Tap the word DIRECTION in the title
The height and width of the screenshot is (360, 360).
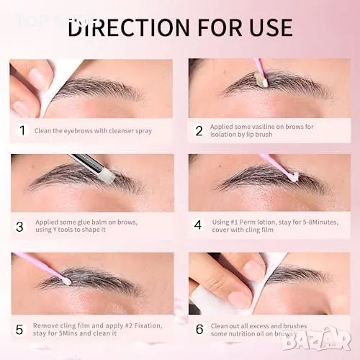point(129,27)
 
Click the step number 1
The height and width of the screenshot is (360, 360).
point(22,130)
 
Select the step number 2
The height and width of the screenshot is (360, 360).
point(199,131)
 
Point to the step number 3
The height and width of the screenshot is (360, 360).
point(19,227)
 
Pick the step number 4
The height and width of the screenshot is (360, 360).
point(198,225)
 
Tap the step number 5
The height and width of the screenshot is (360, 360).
point(19,330)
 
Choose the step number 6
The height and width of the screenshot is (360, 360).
point(199,329)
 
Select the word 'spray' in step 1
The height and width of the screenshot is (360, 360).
point(144,131)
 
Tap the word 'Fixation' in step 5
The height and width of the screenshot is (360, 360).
point(148,325)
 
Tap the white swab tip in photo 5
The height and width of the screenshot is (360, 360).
point(67,282)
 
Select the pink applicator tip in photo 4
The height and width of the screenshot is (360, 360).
point(294,176)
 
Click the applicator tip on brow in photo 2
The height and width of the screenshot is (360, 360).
point(261,80)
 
